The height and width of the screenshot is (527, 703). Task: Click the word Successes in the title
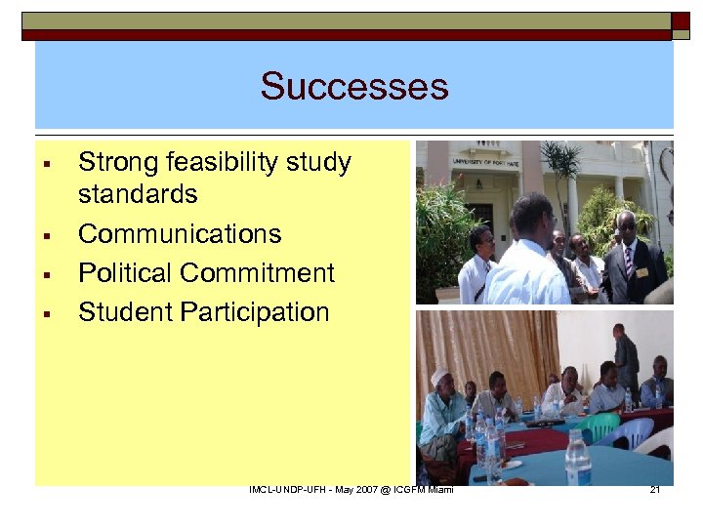353,86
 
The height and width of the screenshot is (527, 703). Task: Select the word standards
138,193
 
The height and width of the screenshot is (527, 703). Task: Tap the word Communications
180,234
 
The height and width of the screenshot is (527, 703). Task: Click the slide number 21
654,489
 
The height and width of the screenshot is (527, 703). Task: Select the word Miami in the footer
437,489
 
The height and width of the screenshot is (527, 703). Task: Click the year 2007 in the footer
354,489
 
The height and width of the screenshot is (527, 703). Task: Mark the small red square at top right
681,20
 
